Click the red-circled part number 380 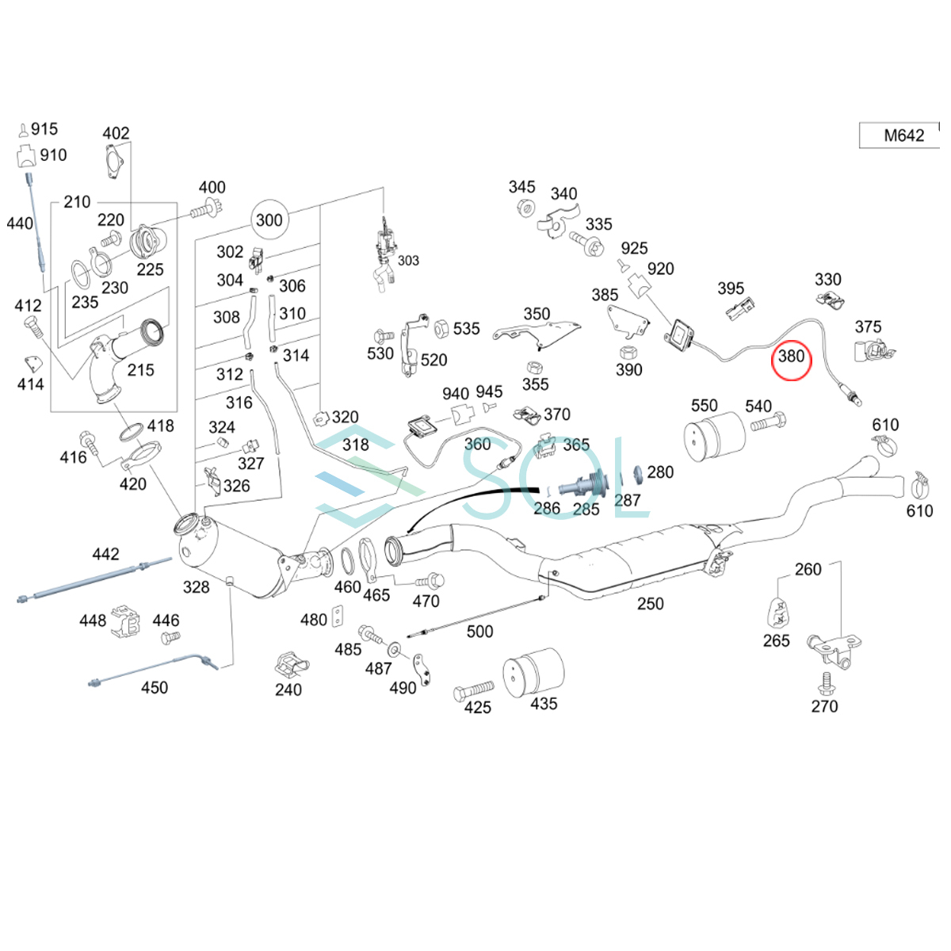[x=791, y=357]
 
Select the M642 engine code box [x=903, y=136]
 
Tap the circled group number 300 [x=269, y=220]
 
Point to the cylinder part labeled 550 [x=713, y=439]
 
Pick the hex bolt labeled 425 [x=474, y=692]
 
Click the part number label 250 [x=650, y=604]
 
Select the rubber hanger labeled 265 [x=778, y=610]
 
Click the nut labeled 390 [x=627, y=349]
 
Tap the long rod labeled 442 [x=95, y=579]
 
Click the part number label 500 [x=479, y=632]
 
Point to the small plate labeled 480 [x=338, y=617]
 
